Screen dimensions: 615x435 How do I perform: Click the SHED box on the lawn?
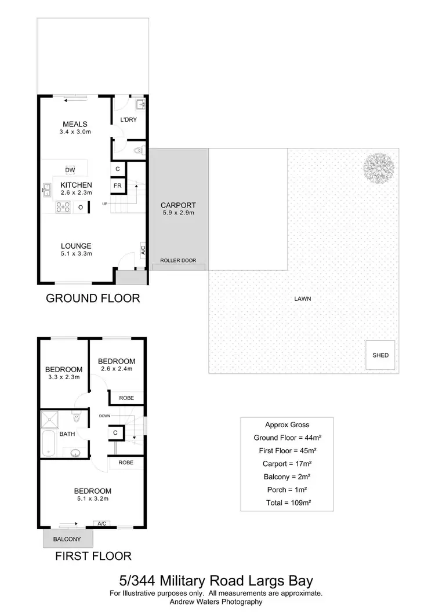tap(380, 355)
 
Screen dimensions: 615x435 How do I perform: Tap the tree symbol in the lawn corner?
tap(379, 166)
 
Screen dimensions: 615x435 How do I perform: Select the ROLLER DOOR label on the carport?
tap(178, 261)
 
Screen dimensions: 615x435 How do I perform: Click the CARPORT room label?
tap(178, 205)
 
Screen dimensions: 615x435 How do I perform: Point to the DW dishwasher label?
tap(70, 170)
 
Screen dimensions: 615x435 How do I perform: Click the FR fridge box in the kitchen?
tap(118, 185)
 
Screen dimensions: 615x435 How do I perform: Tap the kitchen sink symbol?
tap(47, 189)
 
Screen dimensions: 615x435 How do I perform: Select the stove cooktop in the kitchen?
tap(63, 207)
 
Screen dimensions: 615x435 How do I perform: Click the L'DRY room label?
tap(128, 120)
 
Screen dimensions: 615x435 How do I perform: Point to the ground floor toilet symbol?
tap(137, 150)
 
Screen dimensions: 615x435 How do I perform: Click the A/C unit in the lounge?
tap(143, 249)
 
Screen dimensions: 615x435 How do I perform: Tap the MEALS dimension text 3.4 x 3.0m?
tap(75, 133)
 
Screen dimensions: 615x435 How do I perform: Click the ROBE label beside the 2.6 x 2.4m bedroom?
tap(126, 398)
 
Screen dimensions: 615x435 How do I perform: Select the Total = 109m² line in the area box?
tap(287, 503)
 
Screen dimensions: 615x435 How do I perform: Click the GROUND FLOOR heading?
tap(93, 299)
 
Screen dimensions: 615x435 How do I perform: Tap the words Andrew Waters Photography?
tap(216, 602)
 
